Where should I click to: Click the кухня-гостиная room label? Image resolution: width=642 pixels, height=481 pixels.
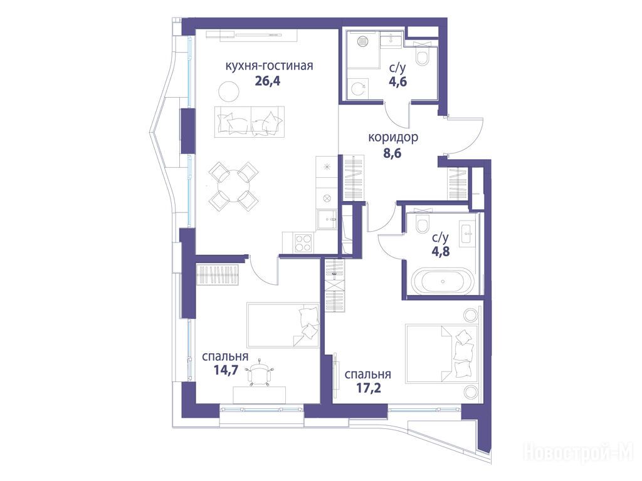point(269,65)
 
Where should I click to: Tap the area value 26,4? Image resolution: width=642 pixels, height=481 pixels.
point(267,81)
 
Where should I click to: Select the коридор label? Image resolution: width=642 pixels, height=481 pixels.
point(393,137)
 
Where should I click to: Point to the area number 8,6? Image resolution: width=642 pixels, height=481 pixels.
point(392,153)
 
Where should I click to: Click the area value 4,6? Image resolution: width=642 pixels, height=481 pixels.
point(398,82)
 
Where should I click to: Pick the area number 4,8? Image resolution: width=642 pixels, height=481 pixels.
point(441,251)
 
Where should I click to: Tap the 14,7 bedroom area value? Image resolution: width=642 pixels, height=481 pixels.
point(226,370)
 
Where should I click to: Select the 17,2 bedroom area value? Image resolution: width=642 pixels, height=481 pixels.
point(369,387)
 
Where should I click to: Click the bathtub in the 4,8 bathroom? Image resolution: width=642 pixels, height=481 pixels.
point(443,281)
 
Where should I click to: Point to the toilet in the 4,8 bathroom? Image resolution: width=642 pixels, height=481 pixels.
point(422,224)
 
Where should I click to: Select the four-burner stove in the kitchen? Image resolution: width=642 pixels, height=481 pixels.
point(303,242)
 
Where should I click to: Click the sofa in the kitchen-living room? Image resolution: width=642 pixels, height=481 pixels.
point(249,122)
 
